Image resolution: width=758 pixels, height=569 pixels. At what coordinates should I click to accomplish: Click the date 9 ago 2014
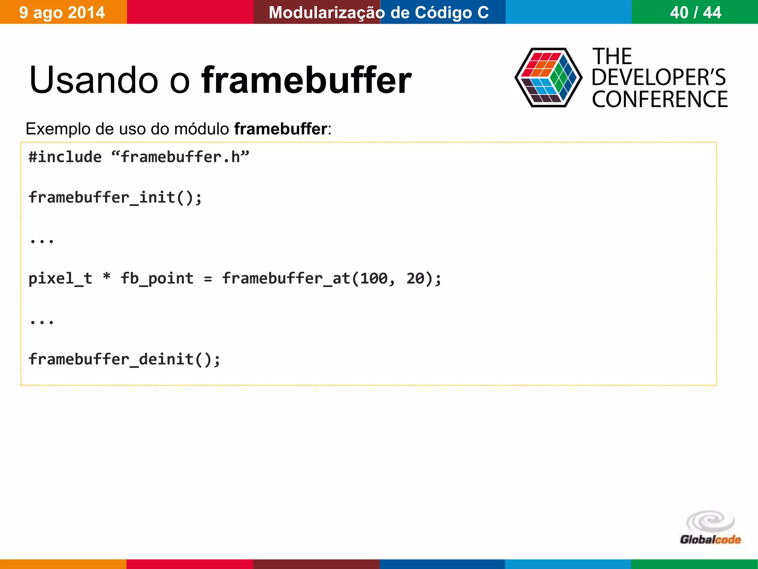pos(62,13)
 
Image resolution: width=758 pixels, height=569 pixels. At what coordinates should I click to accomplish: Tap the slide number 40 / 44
pos(695,13)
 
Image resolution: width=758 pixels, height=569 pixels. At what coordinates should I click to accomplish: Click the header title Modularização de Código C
pos(379,13)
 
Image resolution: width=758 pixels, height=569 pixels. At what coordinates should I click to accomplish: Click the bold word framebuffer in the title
pos(306,80)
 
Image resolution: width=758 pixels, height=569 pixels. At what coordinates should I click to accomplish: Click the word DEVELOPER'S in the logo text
pos(658,77)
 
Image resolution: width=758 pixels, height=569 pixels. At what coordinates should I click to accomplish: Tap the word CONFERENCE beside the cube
pos(660,99)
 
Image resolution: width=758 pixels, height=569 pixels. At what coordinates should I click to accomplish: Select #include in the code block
pos(65,157)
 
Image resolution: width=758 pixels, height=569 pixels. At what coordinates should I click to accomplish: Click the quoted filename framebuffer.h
pos(180,157)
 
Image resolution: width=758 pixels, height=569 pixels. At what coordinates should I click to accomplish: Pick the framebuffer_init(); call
pos(115,197)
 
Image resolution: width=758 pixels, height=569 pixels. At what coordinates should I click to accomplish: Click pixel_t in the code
pos(60,278)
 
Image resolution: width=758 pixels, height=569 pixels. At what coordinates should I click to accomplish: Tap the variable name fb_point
pos(157,278)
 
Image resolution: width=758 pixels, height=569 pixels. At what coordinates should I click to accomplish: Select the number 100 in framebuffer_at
pos(374,278)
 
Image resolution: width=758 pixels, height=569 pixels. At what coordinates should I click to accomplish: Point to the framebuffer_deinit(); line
pos(124,359)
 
